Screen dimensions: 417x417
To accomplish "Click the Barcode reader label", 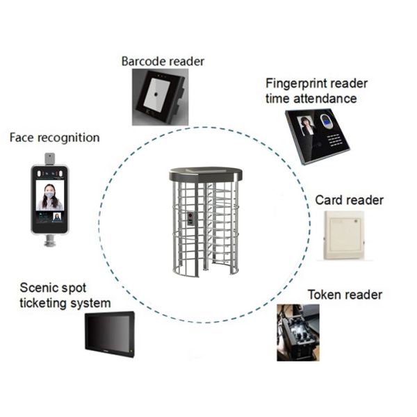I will pos(163,61).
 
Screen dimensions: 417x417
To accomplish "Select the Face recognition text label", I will pos(54,138).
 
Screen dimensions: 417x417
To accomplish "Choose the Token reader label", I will pos(345,295).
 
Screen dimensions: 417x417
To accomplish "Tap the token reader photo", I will pos(298,332).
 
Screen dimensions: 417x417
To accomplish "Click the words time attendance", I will pos(311,99).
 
